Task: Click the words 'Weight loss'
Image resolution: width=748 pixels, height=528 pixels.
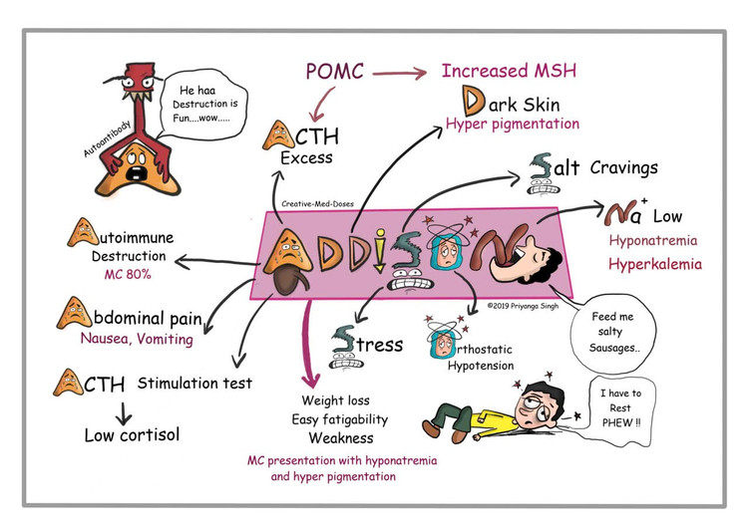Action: point(337,400)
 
